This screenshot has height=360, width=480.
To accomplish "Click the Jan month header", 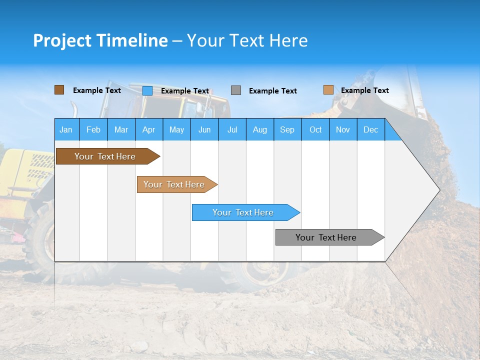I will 66,129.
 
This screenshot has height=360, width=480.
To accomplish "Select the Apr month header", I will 148,129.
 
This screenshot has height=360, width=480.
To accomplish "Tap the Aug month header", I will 259,129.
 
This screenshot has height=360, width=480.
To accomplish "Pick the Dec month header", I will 370,129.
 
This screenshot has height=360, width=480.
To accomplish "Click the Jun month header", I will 204,129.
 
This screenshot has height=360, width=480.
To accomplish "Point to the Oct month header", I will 315,129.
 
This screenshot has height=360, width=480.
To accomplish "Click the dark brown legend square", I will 59,90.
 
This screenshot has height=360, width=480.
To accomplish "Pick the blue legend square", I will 147,90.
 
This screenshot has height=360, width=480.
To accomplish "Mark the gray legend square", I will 236,90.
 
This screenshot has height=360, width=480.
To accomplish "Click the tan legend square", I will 328,90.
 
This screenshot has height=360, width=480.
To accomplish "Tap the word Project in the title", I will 62,40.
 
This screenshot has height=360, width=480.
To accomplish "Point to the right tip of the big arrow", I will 439,190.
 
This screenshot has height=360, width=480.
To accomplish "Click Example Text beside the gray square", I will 272,90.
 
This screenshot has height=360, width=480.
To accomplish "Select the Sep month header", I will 287,129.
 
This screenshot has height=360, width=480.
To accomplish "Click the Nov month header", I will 342,129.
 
